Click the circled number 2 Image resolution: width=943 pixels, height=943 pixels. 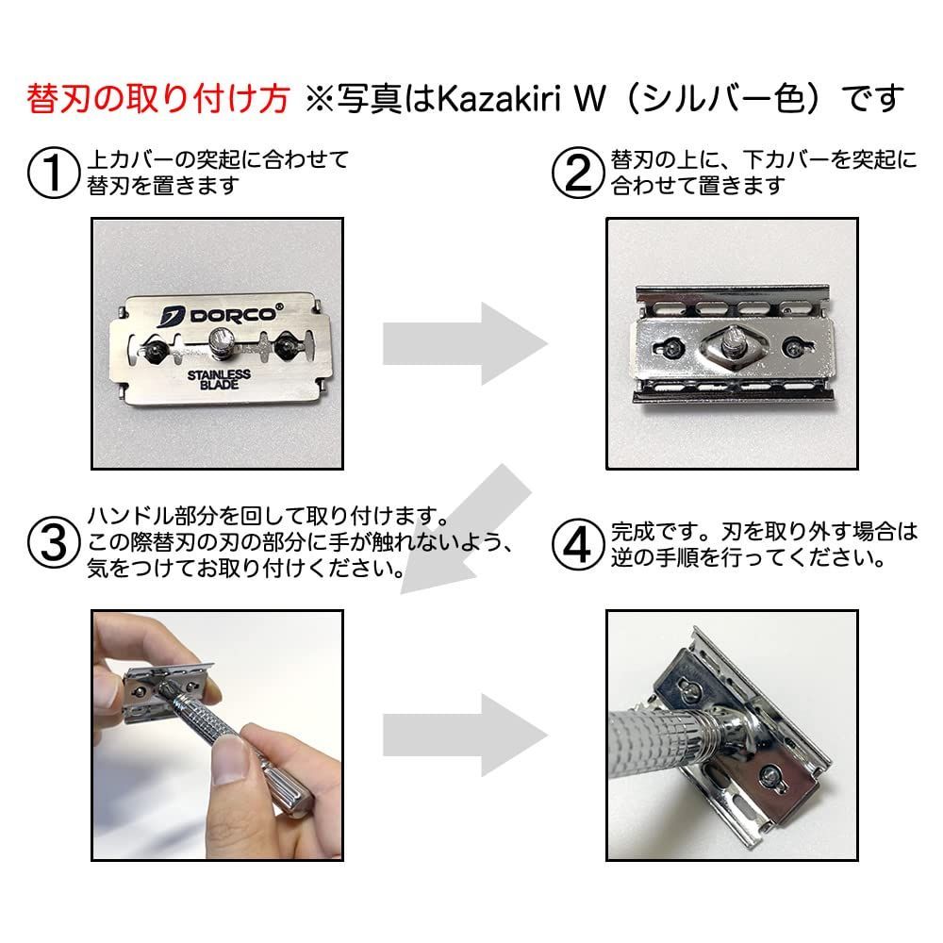pos(578,173)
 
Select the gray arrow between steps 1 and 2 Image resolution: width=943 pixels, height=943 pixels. pos(462,344)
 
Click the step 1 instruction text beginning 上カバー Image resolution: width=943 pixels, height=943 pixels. pos(216,172)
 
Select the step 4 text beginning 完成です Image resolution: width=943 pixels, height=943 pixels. pos(763,544)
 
